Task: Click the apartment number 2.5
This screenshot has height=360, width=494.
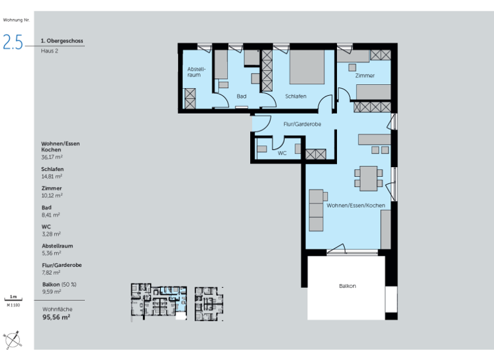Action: click(x=13, y=42)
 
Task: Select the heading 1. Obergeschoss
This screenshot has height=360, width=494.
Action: click(x=62, y=41)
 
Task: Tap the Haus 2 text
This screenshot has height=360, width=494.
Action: click(x=50, y=51)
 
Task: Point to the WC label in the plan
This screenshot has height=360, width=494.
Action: click(x=282, y=154)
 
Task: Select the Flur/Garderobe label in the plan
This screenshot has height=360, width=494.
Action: click(x=302, y=124)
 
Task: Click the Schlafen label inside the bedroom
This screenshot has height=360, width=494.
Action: click(x=296, y=96)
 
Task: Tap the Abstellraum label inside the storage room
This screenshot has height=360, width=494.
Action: click(x=195, y=72)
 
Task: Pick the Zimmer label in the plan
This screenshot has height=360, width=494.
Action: click(x=365, y=76)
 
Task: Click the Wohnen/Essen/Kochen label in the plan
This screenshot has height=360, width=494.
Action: click(x=356, y=205)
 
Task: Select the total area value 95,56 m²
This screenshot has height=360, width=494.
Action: click(x=56, y=318)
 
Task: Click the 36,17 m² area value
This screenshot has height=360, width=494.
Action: click(x=51, y=156)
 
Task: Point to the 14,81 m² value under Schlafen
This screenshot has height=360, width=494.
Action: click(x=51, y=175)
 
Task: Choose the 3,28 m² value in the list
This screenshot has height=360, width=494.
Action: click(x=51, y=234)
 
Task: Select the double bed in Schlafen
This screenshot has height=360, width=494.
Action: click(x=307, y=68)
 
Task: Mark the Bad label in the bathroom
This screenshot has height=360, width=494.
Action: click(x=241, y=96)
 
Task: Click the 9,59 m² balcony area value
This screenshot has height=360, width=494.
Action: click(x=51, y=291)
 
